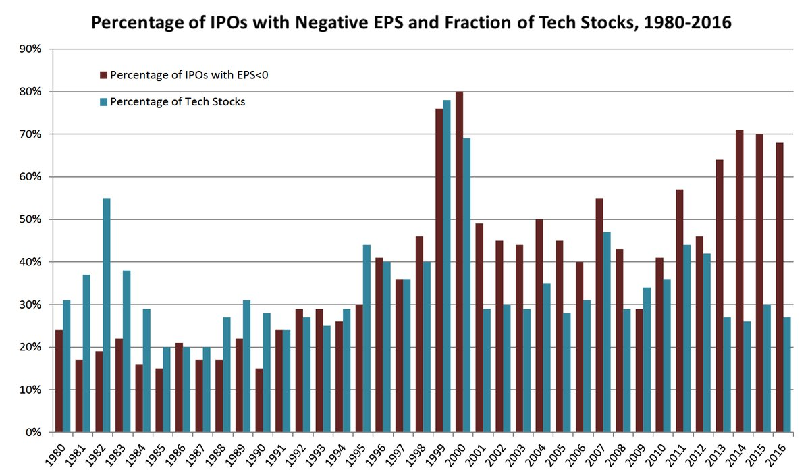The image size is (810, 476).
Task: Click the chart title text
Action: click(411, 22)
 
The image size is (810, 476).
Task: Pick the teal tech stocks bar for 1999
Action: click(447, 266)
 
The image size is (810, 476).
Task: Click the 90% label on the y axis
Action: click(32, 49)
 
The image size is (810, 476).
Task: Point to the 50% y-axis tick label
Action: click(32, 219)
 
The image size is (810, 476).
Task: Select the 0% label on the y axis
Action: click(34, 432)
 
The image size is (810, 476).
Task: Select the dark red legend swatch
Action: click(103, 74)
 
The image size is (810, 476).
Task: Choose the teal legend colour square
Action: click(103, 101)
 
